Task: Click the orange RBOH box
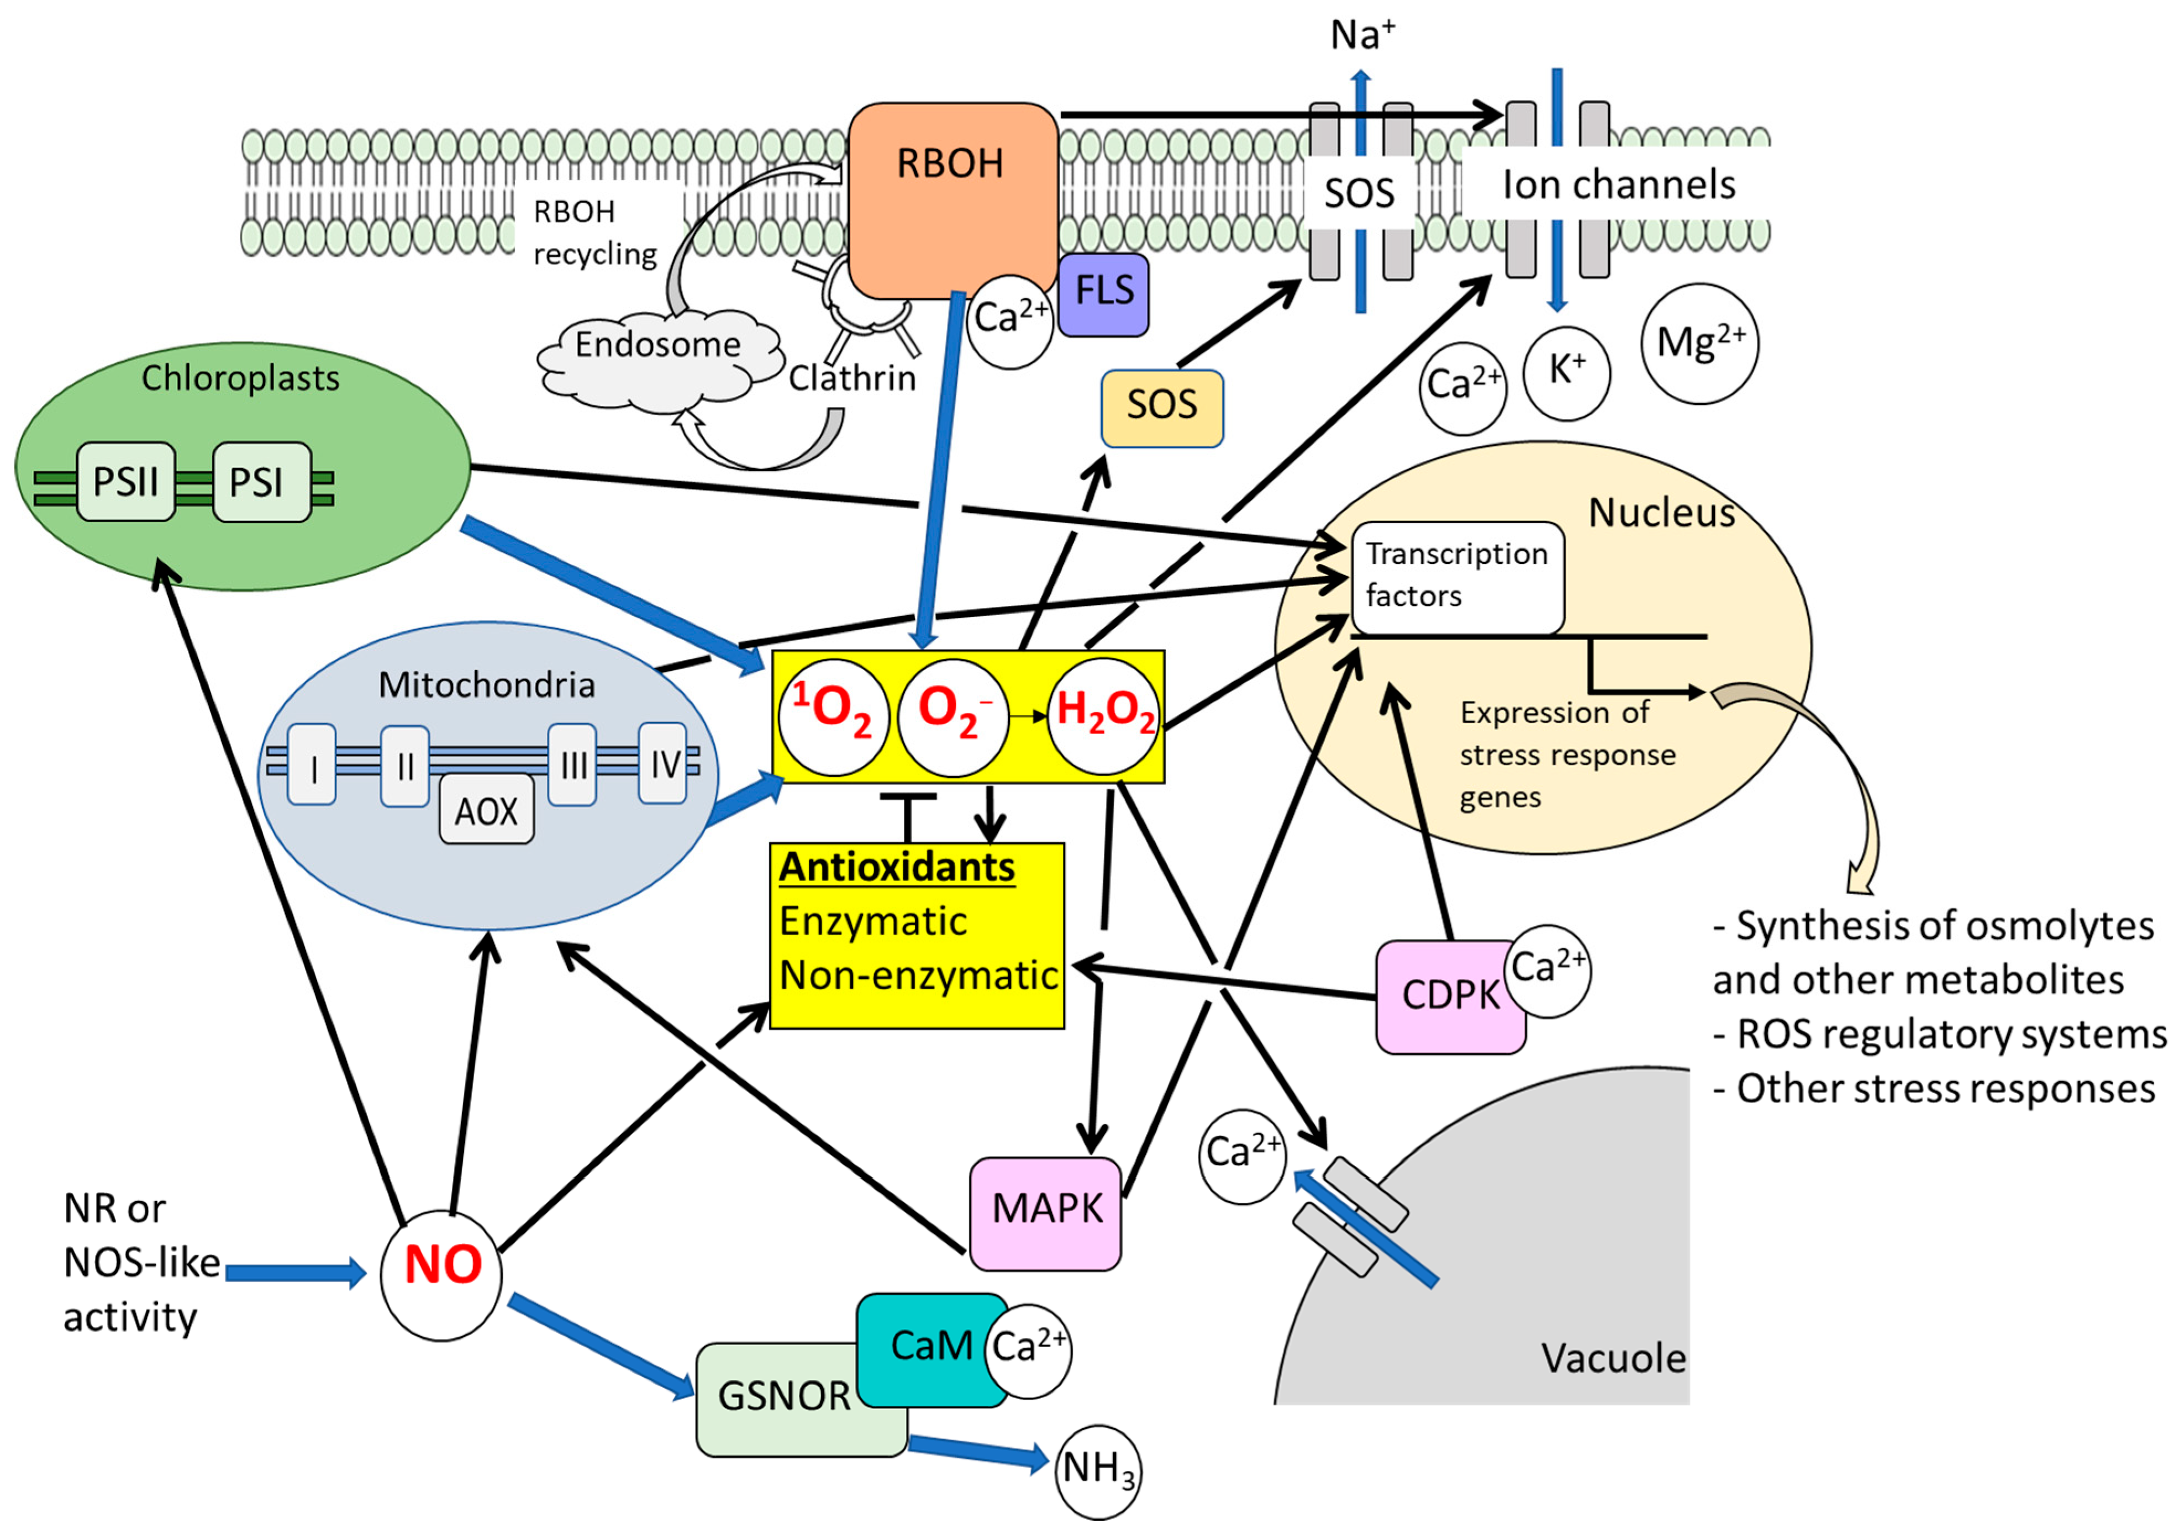coord(951,199)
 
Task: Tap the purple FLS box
coord(1103,293)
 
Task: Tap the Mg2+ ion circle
coord(1699,344)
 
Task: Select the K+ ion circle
coord(1566,372)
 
